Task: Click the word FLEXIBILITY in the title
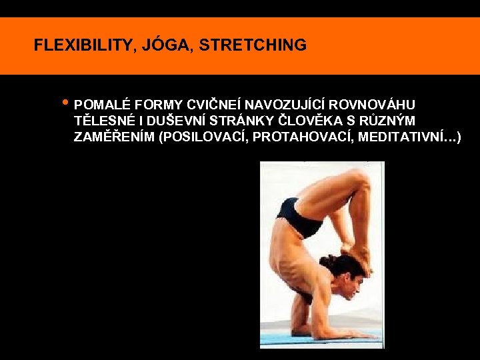coord(83,45)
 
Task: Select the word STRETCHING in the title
coord(253,45)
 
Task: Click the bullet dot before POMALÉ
coord(64,103)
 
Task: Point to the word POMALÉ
coord(102,105)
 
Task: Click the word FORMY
coord(158,105)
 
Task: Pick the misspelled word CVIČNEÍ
coord(214,105)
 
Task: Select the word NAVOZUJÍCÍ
coord(285,105)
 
